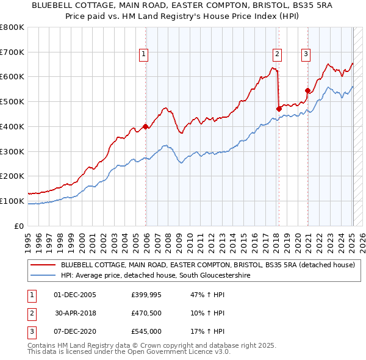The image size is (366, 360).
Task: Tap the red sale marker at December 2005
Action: click(x=146, y=127)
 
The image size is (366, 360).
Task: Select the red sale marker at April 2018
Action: click(x=279, y=109)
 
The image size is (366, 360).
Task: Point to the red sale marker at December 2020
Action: click(x=307, y=91)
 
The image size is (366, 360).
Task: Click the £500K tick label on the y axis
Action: click(x=12, y=101)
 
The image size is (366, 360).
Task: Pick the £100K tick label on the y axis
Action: click(x=12, y=201)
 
